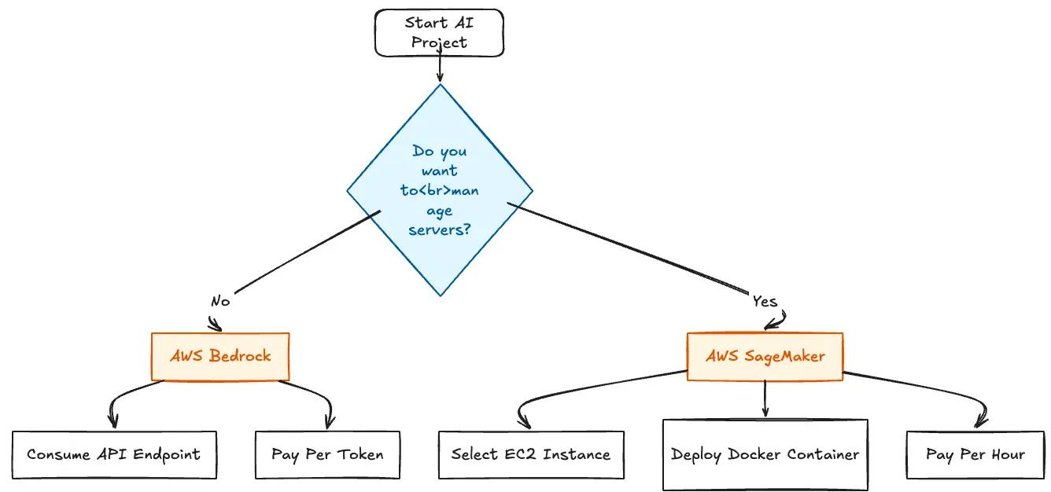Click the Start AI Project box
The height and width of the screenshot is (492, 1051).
(x=439, y=33)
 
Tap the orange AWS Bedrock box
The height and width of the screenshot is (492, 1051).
(x=220, y=356)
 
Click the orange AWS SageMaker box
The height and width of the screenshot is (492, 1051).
(x=765, y=357)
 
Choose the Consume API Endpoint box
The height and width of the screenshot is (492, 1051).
(x=114, y=454)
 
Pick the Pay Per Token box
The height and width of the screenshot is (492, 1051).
(x=327, y=454)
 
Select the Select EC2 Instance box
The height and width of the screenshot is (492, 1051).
(x=531, y=454)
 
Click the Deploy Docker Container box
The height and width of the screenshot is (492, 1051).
(x=765, y=454)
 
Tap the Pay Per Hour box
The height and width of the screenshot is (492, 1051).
(x=975, y=454)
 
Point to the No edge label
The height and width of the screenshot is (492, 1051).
(x=220, y=301)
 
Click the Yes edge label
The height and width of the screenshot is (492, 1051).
(x=765, y=302)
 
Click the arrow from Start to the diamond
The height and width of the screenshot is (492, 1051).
(x=440, y=69)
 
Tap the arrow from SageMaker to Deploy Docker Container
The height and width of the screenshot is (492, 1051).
(x=765, y=399)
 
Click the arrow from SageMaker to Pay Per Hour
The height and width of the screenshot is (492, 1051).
(x=944, y=393)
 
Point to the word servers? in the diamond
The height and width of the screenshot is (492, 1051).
(x=440, y=230)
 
